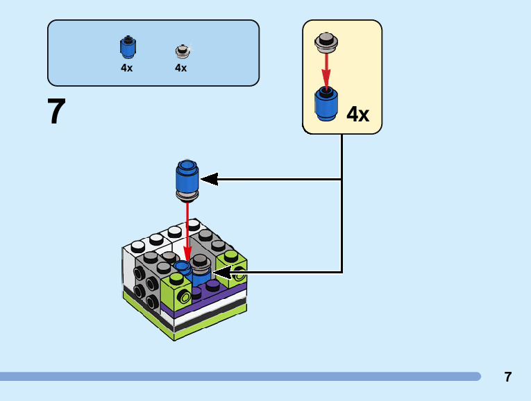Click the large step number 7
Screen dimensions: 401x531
tap(56, 112)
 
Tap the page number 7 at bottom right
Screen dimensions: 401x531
tap(508, 377)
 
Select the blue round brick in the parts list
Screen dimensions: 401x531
tap(127, 47)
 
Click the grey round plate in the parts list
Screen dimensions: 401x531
tap(182, 51)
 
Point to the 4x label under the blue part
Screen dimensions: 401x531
tap(126, 68)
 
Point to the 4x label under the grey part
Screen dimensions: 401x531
tap(181, 68)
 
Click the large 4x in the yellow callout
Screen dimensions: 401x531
tap(357, 114)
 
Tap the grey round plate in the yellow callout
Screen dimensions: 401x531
tap(326, 42)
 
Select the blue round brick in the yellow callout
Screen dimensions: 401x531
tap(326, 103)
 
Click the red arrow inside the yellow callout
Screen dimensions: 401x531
tap(326, 69)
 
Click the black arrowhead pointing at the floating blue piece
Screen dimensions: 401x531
tap(209, 180)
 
